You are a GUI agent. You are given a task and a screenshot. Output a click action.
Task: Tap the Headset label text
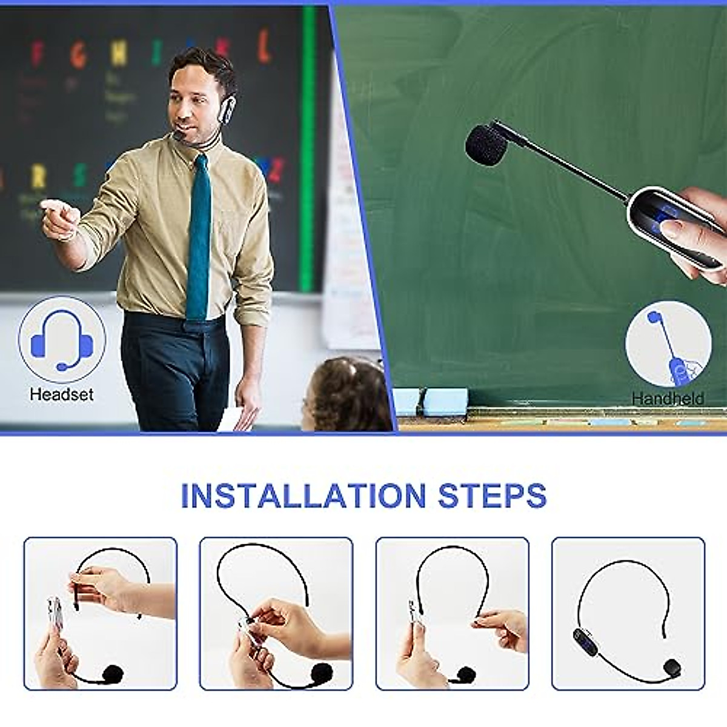(x=62, y=394)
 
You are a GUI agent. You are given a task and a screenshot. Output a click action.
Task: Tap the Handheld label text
(x=668, y=398)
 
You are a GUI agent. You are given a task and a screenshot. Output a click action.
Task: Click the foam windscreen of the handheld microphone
(x=485, y=143)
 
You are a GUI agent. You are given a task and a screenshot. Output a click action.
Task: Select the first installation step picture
(x=101, y=613)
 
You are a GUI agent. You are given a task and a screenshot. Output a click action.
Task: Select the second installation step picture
(x=276, y=613)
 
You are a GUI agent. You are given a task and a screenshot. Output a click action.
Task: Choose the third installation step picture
(x=452, y=613)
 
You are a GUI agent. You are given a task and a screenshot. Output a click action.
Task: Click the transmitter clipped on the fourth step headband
(x=583, y=638)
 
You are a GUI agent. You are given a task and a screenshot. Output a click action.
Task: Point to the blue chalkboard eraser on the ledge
(x=445, y=402)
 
